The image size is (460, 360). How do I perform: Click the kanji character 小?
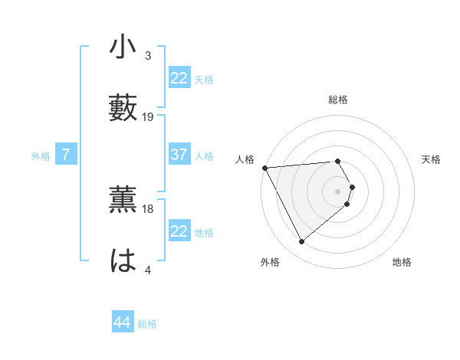(x=123, y=47)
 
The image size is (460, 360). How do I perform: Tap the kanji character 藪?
(x=123, y=106)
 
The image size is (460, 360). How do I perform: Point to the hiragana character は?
(x=123, y=259)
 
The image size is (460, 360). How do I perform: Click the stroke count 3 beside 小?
(x=147, y=56)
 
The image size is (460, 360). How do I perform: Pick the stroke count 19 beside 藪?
(x=148, y=116)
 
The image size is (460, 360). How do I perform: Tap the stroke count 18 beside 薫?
(x=148, y=208)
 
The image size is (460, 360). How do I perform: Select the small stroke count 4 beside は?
(x=147, y=269)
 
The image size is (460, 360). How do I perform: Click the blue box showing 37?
(x=179, y=155)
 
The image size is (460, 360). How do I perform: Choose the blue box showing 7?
(x=66, y=155)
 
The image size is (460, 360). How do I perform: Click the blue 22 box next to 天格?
(x=179, y=78)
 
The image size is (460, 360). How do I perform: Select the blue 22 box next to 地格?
(x=179, y=231)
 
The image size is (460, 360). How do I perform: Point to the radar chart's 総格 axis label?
(x=338, y=100)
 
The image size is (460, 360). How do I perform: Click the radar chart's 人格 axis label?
(x=244, y=159)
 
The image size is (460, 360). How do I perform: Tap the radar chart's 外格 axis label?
(x=270, y=263)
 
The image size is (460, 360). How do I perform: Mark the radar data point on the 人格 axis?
(x=264, y=167)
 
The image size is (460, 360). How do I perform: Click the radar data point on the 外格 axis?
(x=301, y=242)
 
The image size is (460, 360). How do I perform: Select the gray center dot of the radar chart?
(x=338, y=191)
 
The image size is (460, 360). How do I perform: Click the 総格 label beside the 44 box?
(x=147, y=323)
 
